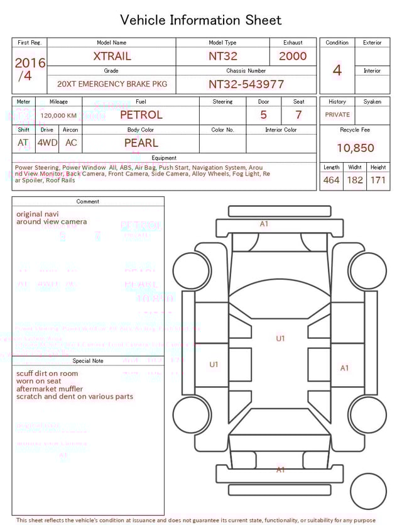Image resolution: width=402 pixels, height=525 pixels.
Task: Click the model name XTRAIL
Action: (x=112, y=56)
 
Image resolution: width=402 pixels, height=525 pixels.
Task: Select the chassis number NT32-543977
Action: (x=246, y=84)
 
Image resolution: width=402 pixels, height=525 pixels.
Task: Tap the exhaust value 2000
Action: (x=293, y=56)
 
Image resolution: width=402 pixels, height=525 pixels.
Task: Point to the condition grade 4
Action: (x=337, y=70)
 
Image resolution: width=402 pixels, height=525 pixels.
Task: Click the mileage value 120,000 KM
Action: (x=58, y=116)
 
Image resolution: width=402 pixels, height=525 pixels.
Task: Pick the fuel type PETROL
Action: (x=141, y=115)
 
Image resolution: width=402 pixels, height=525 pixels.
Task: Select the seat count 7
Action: (x=298, y=115)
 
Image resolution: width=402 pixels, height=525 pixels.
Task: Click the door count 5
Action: (x=263, y=115)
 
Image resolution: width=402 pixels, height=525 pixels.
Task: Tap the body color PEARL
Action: (x=141, y=143)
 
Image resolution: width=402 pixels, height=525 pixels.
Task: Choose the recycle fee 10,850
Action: (x=355, y=148)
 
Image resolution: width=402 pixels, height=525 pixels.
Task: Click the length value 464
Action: (x=331, y=180)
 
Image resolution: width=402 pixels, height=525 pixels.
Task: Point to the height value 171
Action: (x=378, y=180)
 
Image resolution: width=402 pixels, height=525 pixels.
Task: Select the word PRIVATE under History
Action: (x=337, y=114)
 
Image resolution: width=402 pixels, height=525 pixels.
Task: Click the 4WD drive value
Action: (x=47, y=143)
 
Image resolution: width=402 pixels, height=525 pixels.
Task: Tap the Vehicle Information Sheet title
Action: (x=201, y=20)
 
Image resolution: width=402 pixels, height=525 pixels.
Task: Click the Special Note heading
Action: (x=88, y=361)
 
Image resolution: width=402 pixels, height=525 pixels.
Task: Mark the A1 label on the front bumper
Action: (x=264, y=224)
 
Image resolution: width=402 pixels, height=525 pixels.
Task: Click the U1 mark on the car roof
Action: (x=280, y=338)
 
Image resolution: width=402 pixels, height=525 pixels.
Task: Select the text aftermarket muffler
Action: (x=50, y=389)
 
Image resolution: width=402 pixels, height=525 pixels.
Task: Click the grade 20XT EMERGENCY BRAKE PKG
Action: (x=112, y=84)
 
